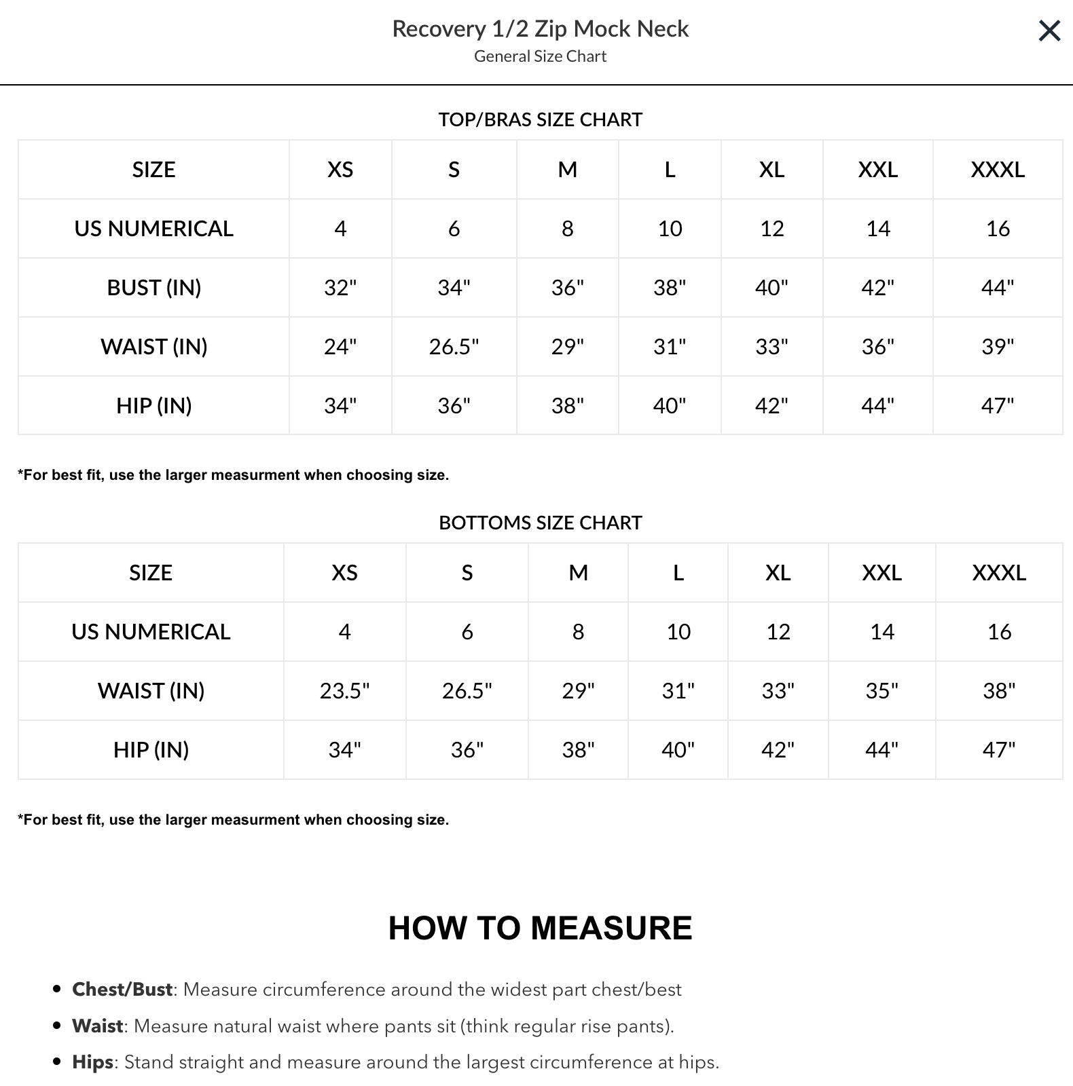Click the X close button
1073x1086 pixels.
click(x=1049, y=31)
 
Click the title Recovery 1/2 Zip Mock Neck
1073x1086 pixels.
click(x=540, y=29)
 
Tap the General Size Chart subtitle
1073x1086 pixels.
click(x=540, y=56)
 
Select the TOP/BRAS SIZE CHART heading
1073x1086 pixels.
click(x=540, y=119)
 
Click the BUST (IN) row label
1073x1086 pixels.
click(x=154, y=288)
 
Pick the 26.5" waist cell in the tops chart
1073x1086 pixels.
click(x=454, y=347)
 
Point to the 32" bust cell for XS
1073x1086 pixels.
click(x=340, y=288)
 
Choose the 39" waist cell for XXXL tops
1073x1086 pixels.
click(x=998, y=347)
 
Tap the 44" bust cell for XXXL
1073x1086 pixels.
click(x=998, y=288)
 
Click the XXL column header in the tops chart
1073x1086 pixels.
click(x=877, y=170)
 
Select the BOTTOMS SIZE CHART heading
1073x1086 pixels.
click(x=540, y=523)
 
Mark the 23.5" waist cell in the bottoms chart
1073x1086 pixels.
click(x=344, y=691)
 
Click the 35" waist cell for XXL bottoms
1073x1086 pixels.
click(x=881, y=691)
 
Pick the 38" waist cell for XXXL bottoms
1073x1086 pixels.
click(x=999, y=691)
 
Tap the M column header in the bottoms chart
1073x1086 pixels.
click(x=578, y=573)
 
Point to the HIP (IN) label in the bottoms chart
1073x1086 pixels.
click(x=151, y=750)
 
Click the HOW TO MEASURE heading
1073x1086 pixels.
click(x=540, y=928)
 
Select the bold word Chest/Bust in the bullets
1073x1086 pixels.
click(x=122, y=990)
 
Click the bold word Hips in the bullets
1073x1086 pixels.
click(x=92, y=1062)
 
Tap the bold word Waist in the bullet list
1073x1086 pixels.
click(x=98, y=1026)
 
